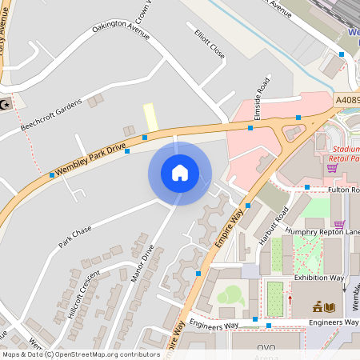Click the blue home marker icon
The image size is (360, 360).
(x=180, y=173)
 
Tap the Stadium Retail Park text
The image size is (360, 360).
(x=344, y=154)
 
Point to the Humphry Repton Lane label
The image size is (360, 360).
(x=325, y=232)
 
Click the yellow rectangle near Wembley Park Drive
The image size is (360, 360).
(x=150, y=117)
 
